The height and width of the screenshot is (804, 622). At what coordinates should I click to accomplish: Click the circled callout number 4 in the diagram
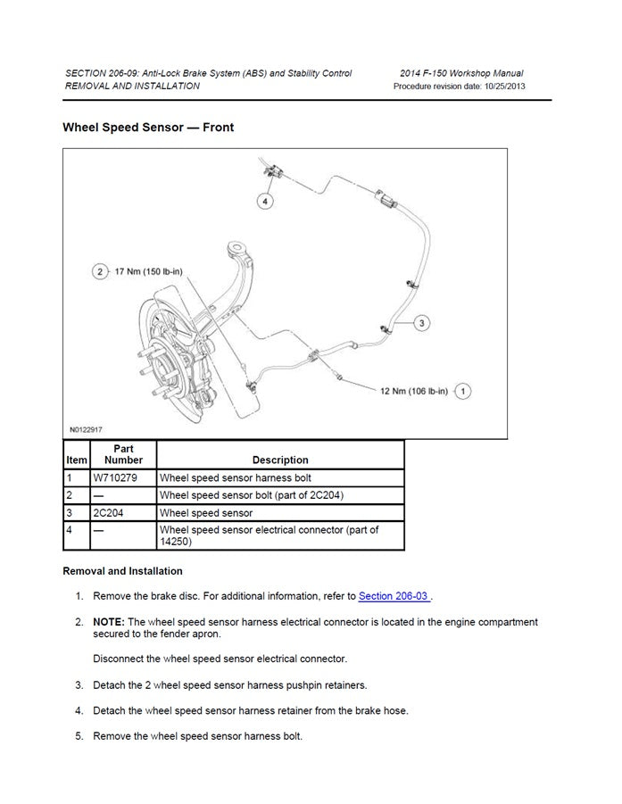pos(264,201)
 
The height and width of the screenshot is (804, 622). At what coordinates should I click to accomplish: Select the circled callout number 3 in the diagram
pos(422,322)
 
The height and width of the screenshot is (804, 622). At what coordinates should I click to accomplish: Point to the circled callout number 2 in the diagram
pos(100,271)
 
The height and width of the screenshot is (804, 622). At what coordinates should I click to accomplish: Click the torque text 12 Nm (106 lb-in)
pos(414,390)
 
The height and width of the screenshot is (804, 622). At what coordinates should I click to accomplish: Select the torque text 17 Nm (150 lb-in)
pos(150,271)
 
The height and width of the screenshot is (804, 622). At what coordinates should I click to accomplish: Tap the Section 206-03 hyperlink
pos(394,596)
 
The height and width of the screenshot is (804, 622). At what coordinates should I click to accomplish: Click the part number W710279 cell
pos(112,478)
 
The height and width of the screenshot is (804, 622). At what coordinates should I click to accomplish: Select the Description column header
pos(280,460)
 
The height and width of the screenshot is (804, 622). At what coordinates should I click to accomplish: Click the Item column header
pos(77,460)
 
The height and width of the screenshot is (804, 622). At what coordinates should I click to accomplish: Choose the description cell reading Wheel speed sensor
pos(206,513)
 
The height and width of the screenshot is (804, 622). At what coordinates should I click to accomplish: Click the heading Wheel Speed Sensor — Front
pos(148,128)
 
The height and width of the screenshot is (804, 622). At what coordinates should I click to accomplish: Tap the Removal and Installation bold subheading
pos(122,571)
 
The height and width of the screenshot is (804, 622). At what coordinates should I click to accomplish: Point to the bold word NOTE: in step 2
pos(108,622)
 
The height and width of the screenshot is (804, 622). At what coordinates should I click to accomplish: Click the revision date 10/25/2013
pos(502,87)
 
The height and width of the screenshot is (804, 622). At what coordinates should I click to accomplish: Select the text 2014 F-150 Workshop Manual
pos(462,73)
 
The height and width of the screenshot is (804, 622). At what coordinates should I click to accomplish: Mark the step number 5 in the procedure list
pos(79,736)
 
